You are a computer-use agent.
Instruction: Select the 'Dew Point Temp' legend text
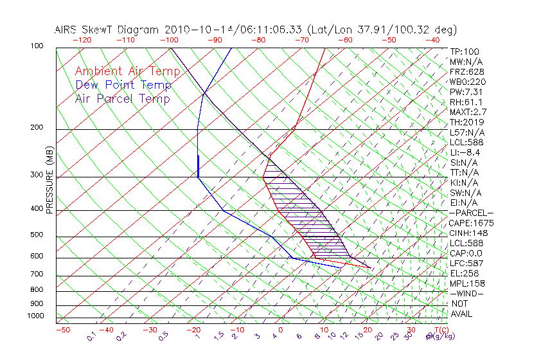tap(123, 85)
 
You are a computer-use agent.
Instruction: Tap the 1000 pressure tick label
tap(36, 316)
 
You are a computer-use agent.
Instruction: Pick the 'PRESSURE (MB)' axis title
tap(49, 181)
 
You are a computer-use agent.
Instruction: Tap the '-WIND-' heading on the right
tap(467, 293)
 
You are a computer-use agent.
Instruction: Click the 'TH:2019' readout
tap(467, 122)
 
